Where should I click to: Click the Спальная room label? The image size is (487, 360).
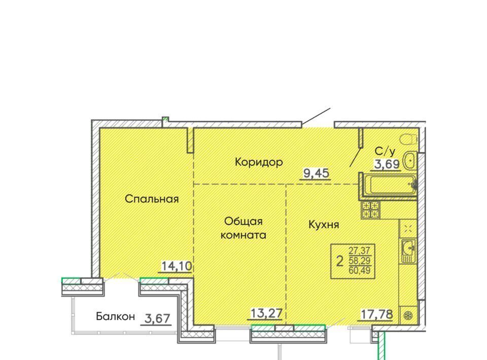[x=152, y=199]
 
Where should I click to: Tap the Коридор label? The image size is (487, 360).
[x=259, y=162]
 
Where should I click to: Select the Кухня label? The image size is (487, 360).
[x=324, y=225]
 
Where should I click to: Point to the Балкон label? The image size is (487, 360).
[x=115, y=316]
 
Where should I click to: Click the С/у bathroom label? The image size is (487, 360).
[x=385, y=151]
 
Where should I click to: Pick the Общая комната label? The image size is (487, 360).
[x=243, y=228]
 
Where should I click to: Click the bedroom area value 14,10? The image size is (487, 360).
[x=177, y=266]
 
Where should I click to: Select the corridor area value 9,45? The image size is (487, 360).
[x=316, y=173]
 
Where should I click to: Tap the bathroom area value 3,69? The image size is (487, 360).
[x=387, y=164]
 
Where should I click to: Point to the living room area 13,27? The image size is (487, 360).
[x=266, y=313]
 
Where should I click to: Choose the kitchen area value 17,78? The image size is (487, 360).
[x=376, y=314]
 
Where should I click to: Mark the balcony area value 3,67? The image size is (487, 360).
[x=157, y=318]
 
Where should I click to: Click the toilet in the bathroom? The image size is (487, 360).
[x=408, y=139]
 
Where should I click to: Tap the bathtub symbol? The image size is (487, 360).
[x=390, y=185]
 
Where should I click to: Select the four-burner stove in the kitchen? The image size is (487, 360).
[x=370, y=210]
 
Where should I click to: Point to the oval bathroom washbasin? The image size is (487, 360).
[x=410, y=160]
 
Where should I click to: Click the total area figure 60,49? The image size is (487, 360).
[x=360, y=270]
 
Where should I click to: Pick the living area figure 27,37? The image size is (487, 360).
[x=360, y=250]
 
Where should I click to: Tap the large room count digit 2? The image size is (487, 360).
[x=340, y=261]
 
